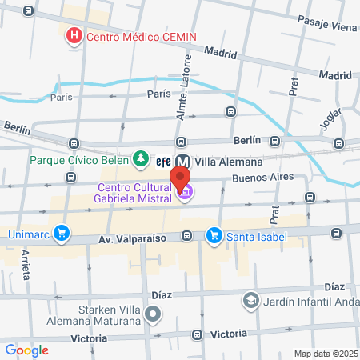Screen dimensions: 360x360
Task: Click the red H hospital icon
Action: (x=74, y=35)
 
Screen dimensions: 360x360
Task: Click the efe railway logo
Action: (x=163, y=160)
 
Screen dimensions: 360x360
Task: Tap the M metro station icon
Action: (x=182, y=160)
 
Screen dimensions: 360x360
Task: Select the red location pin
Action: (x=181, y=178)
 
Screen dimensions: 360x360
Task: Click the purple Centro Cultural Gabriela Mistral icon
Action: (x=186, y=192)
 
